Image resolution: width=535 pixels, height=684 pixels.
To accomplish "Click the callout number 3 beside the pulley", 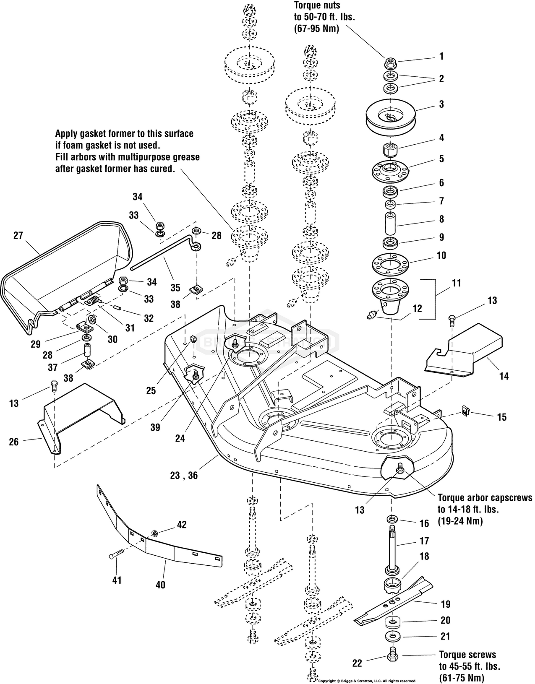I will click(x=441, y=104).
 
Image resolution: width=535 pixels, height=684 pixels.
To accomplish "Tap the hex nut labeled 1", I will click(x=390, y=64).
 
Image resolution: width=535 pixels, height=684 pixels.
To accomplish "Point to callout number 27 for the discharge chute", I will click(x=18, y=235).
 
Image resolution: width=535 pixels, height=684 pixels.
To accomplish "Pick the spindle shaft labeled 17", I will click(x=393, y=545).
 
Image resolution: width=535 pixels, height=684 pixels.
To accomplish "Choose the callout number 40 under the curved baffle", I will click(x=160, y=585).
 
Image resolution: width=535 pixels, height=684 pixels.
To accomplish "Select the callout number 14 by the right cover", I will click(x=504, y=376).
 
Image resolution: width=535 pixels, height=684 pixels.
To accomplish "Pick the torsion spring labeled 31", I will click(x=95, y=301).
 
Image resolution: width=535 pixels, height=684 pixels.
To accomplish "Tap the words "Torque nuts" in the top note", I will click(x=316, y=5).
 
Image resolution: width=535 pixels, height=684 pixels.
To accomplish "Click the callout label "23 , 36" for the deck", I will click(x=184, y=476).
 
